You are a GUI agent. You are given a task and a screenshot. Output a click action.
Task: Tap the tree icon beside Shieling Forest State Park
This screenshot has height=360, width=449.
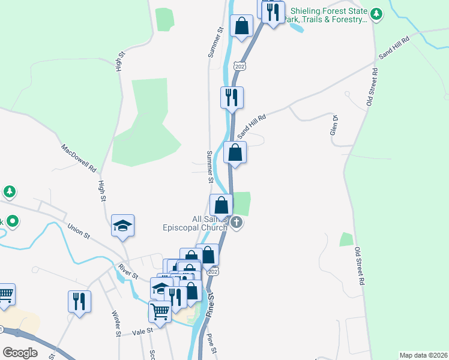[x=376, y=14]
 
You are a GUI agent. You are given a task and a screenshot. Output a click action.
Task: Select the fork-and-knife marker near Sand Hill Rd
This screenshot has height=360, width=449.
[x=232, y=97]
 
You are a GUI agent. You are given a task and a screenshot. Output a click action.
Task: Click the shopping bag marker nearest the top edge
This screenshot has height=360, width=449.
[x=241, y=26]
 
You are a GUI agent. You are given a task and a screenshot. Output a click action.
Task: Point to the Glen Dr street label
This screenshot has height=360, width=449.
[x=334, y=126]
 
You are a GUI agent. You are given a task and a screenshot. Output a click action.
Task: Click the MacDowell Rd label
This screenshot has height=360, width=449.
[x=79, y=158]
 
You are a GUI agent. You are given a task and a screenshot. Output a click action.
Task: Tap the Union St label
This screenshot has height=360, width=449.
[x=79, y=230]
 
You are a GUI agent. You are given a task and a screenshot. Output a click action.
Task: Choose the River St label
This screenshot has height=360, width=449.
[x=128, y=271]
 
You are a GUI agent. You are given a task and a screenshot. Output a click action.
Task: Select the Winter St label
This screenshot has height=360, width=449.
[x=116, y=323]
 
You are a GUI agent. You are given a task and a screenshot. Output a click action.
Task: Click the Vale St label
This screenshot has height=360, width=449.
[x=143, y=330]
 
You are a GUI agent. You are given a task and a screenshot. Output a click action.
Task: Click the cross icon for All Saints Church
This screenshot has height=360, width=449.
[x=237, y=223]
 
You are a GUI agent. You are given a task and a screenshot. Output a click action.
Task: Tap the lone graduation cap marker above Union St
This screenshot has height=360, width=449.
[x=122, y=226]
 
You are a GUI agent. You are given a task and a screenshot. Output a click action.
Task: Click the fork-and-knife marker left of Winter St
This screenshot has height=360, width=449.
[x=79, y=301]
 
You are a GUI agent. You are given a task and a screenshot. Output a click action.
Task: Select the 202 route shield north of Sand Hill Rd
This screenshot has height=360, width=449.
[x=240, y=65]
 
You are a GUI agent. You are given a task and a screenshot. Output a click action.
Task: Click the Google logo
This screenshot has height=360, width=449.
[x=20, y=352]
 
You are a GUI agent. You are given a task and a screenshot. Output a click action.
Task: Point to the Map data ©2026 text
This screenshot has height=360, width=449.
[x=423, y=355]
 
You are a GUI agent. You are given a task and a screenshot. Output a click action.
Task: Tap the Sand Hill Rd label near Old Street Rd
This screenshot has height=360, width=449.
[x=393, y=47]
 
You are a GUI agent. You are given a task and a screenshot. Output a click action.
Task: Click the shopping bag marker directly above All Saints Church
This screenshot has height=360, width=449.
[x=221, y=205]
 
